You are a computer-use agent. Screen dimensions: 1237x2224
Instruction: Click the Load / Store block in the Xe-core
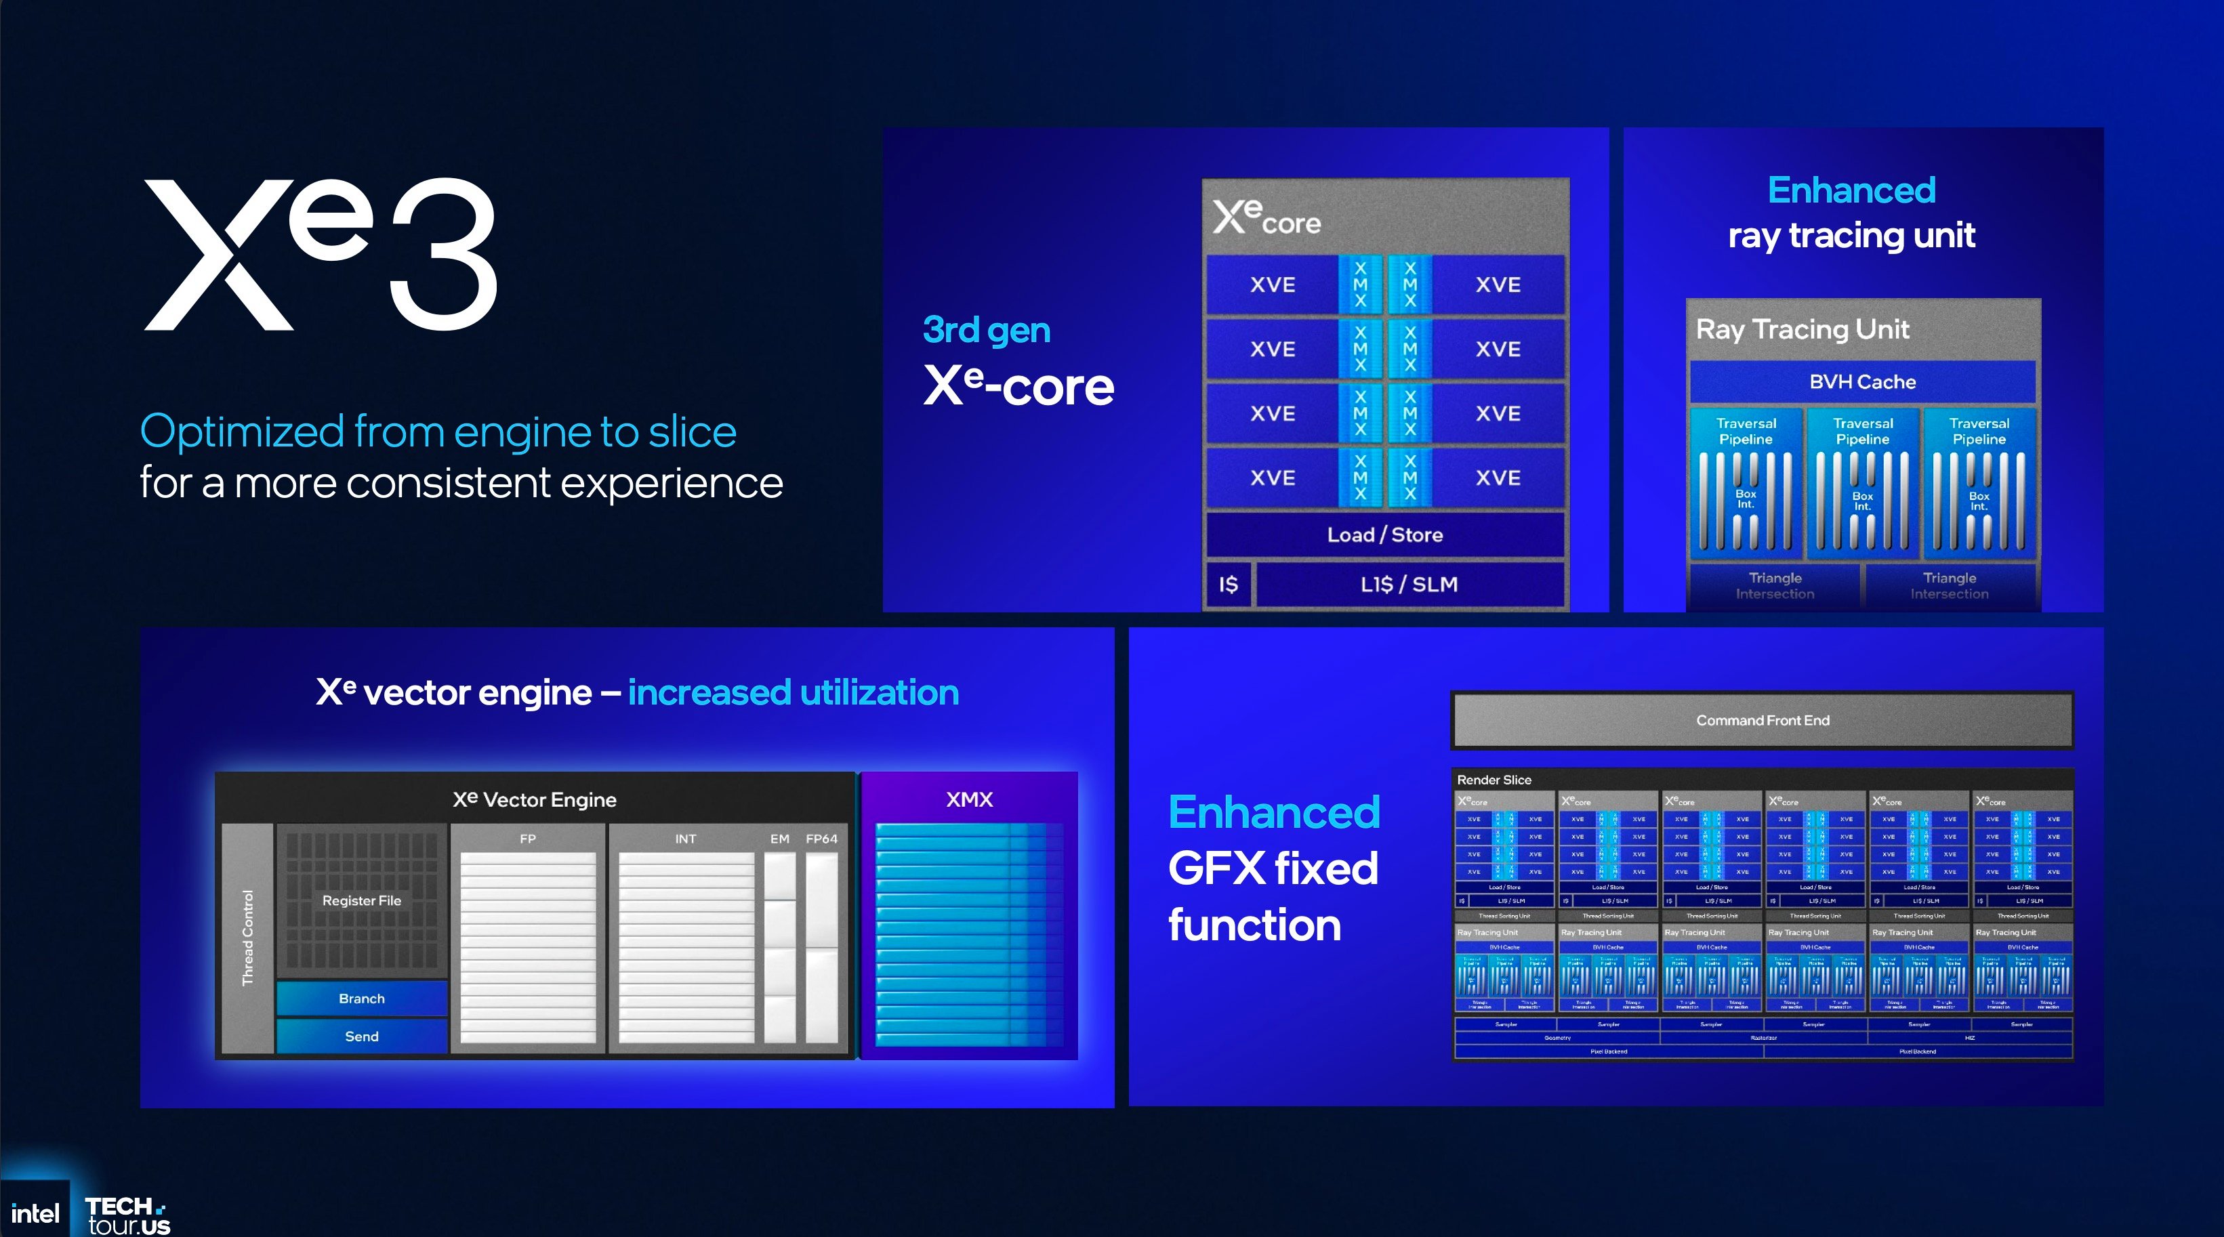[x=1385, y=535]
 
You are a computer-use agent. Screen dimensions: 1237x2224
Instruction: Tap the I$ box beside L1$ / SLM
[x=1228, y=585]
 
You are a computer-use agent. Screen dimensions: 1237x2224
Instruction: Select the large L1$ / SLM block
[x=1409, y=585]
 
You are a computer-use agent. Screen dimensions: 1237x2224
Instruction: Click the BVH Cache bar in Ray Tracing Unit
[x=1862, y=381]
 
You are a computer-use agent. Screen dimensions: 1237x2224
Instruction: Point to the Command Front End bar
[x=1762, y=720]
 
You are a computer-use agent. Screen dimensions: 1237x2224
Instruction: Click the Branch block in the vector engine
[x=362, y=999]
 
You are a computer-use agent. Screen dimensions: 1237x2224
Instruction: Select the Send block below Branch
[x=362, y=1036]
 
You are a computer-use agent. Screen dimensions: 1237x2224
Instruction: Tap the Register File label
[x=362, y=900]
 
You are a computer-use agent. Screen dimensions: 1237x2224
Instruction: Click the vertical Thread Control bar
[x=248, y=938]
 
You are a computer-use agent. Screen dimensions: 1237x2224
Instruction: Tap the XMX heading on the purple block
[x=969, y=799]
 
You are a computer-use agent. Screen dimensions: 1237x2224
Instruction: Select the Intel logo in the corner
[x=35, y=1214]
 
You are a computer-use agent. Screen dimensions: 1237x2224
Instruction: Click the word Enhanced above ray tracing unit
[x=1851, y=190]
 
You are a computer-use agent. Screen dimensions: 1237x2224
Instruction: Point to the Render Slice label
[x=1494, y=780]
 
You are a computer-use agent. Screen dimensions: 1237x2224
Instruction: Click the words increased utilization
[x=793, y=692]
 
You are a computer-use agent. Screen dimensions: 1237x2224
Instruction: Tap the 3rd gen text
[x=986, y=330]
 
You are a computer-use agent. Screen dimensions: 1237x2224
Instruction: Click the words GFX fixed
[x=1273, y=868]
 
